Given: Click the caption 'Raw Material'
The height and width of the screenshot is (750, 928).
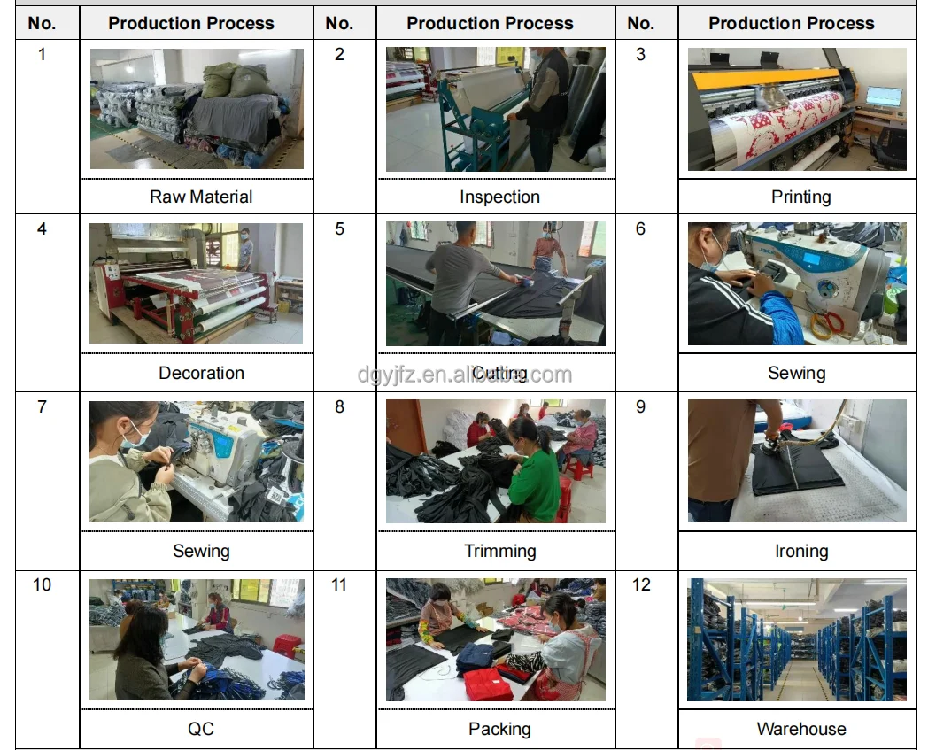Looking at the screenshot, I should pyautogui.click(x=201, y=197).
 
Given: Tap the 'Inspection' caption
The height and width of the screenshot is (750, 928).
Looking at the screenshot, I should pyautogui.click(x=499, y=197).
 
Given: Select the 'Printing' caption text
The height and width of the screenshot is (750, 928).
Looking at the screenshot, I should pyautogui.click(x=800, y=197).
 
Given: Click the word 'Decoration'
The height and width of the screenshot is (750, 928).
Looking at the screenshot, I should pyautogui.click(x=201, y=373).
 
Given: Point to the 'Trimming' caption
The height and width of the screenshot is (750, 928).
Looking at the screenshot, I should pyautogui.click(x=499, y=551).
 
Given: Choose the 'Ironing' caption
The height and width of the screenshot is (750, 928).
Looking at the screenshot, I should pyautogui.click(x=800, y=551).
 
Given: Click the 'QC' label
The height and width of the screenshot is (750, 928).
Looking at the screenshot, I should pyautogui.click(x=201, y=729).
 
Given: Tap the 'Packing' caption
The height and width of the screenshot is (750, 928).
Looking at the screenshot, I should pyautogui.click(x=499, y=729).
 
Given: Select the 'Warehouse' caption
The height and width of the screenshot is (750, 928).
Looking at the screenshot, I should pyautogui.click(x=800, y=729).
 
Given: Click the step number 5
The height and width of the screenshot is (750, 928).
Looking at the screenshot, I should pyautogui.click(x=339, y=229).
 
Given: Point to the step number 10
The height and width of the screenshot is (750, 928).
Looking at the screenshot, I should pyautogui.click(x=42, y=584).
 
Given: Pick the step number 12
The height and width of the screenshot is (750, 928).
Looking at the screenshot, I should pyautogui.click(x=641, y=584).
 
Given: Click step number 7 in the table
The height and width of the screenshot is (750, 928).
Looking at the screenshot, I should pyautogui.click(x=42, y=407).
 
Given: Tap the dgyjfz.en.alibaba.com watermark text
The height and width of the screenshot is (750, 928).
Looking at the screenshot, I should pyautogui.click(x=464, y=375).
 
